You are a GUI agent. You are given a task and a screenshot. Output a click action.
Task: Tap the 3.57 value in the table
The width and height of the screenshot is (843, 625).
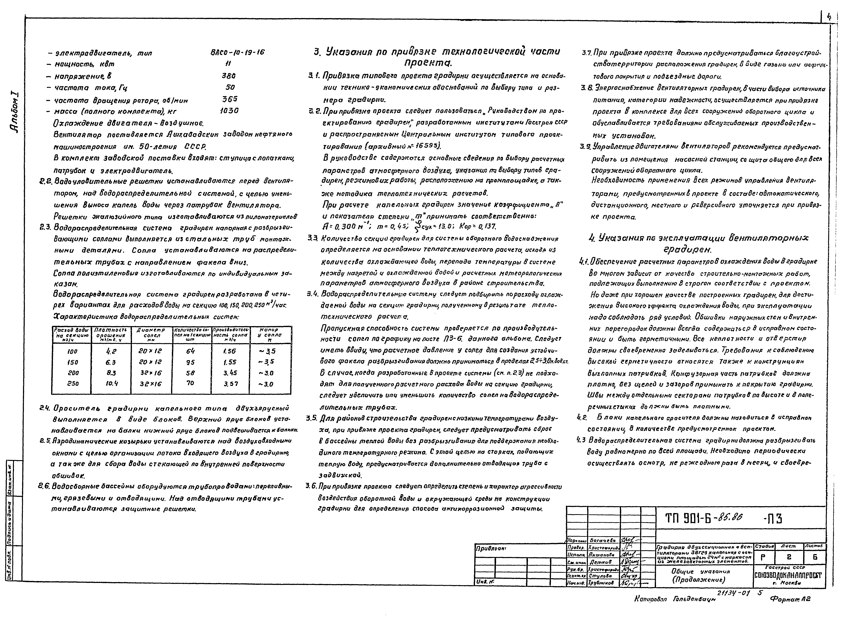tap(231, 384)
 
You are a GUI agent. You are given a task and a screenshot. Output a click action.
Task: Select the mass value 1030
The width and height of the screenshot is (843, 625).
tap(229, 111)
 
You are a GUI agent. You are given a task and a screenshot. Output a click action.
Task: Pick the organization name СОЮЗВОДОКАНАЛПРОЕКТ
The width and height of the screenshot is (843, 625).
tap(788, 575)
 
